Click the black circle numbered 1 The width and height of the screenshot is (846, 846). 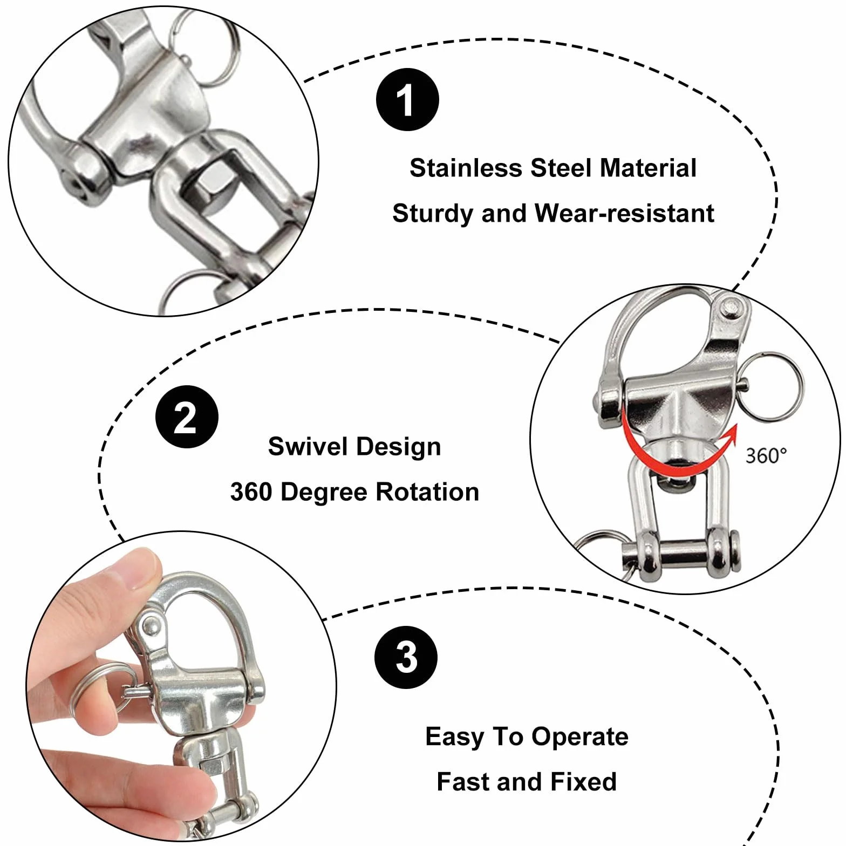click(407, 99)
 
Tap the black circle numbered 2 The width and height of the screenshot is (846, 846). click(187, 417)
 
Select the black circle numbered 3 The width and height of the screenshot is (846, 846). click(406, 657)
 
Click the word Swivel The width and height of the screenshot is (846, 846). click(308, 446)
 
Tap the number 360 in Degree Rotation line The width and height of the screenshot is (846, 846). click(251, 492)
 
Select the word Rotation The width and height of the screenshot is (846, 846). click(427, 492)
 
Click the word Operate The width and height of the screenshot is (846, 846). click(579, 738)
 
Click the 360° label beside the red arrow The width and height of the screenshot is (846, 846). click(766, 456)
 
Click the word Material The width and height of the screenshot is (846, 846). click(648, 168)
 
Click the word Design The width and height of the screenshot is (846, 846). click(399, 447)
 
